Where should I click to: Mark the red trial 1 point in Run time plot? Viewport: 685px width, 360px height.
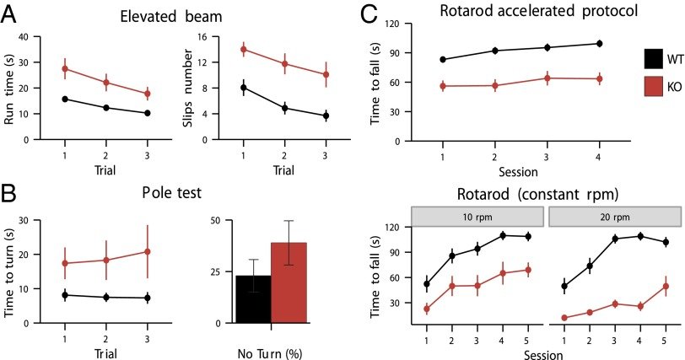click(65, 68)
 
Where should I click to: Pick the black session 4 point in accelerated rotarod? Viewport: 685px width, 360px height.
click(599, 44)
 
